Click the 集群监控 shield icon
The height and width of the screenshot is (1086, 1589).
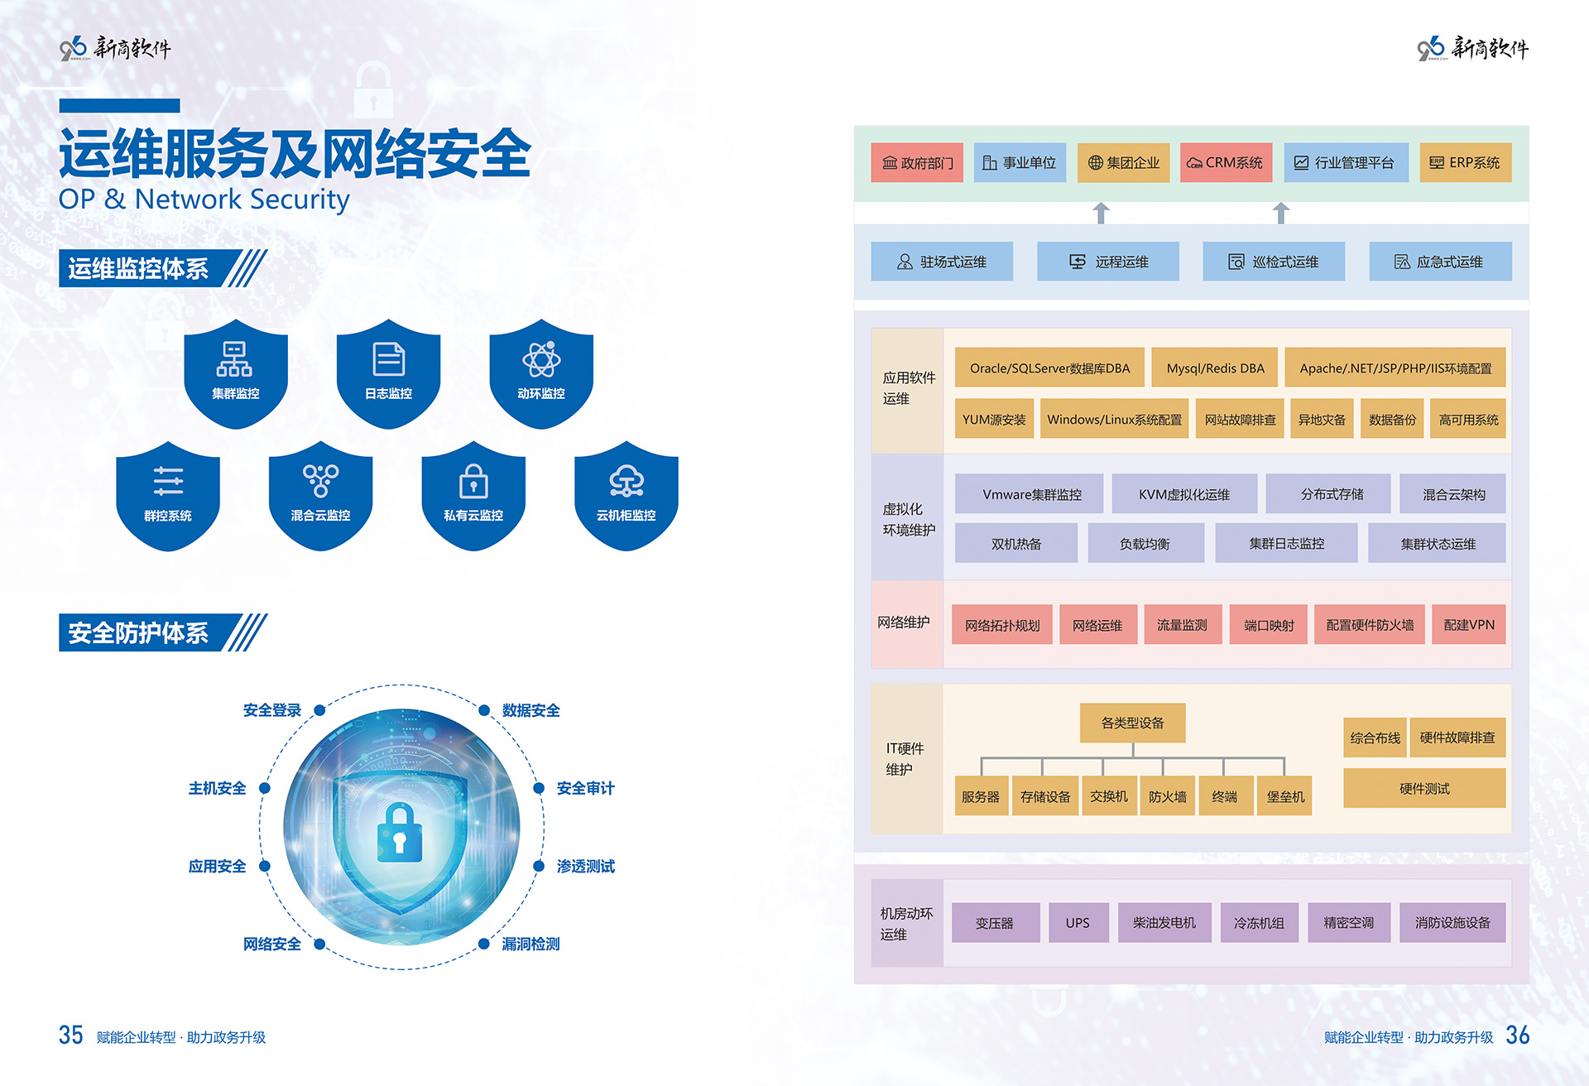tap(236, 373)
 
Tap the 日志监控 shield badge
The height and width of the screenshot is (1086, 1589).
tap(388, 373)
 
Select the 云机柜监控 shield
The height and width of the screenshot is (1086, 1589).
tap(626, 495)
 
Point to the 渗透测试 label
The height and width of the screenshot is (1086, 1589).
tap(585, 866)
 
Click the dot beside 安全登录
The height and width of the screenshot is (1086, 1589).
tap(319, 710)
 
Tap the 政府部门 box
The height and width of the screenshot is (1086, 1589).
tap(917, 162)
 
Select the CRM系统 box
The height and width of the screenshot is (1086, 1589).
tap(1226, 162)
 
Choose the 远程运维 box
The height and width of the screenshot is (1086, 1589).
tap(1107, 262)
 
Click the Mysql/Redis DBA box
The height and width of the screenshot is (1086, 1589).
tap(1215, 368)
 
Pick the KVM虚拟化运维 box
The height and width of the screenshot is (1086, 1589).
tap(1183, 494)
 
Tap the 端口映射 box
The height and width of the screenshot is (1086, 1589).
tap(1268, 625)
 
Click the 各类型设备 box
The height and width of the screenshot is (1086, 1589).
tap(1132, 723)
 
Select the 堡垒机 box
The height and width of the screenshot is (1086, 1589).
tap(1284, 796)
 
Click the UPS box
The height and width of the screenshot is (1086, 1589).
tap(1078, 922)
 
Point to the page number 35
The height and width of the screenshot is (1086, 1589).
tap(70, 1035)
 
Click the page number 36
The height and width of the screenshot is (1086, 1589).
tap(1517, 1035)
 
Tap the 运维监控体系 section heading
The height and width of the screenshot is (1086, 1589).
tap(139, 269)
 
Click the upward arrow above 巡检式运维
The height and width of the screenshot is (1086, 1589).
tap(1280, 213)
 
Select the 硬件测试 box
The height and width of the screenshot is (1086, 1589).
tap(1423, 788)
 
